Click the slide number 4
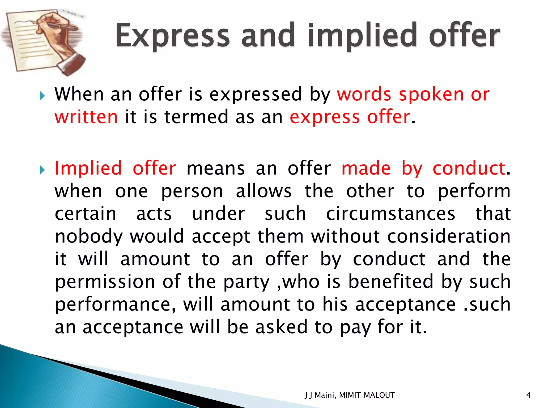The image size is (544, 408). [528, 395]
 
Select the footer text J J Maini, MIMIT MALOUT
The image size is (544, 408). [350, 395]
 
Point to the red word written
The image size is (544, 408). [86, 117]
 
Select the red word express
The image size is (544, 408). [325, 117]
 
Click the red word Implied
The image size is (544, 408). [88, 169]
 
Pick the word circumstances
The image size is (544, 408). [390, 214]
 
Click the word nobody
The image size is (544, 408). [89, 237]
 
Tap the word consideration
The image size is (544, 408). [449, 236]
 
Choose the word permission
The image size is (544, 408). [105, 282]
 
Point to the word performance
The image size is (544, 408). [115, 305]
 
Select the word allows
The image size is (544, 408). [263, 191]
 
